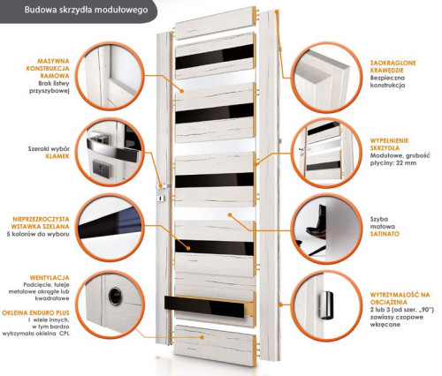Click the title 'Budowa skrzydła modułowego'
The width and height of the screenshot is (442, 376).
[x=86, y=10]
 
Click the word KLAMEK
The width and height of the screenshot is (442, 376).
[x=57, y=156]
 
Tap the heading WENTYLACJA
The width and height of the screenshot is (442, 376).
[x=50, y=278]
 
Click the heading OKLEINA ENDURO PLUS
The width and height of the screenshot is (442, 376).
[x=35, y=312]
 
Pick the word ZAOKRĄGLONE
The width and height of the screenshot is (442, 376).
[x=392, y=63]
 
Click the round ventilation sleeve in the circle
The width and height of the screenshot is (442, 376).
[x=115, y=296]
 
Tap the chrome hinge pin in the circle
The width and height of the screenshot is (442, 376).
[x=326, y=305]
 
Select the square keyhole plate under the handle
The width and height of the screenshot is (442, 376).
[x=101, y=169]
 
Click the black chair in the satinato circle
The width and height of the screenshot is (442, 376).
[x=316, y=222]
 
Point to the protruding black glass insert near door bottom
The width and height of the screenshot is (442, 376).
[x=205, y=306]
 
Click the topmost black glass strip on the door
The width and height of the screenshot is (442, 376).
[x=214, y=56]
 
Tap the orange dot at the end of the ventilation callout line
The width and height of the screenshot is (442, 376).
[x=202, y=337]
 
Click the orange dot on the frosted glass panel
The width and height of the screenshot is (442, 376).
[x=229, y=214]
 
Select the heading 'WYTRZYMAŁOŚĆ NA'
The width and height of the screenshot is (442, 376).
[x=400, y=295]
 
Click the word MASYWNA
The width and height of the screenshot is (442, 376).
[x=53, y=61]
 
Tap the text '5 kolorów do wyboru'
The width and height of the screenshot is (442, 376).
[x=38, y=234]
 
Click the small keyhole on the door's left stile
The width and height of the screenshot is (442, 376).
[x=160, y=199]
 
